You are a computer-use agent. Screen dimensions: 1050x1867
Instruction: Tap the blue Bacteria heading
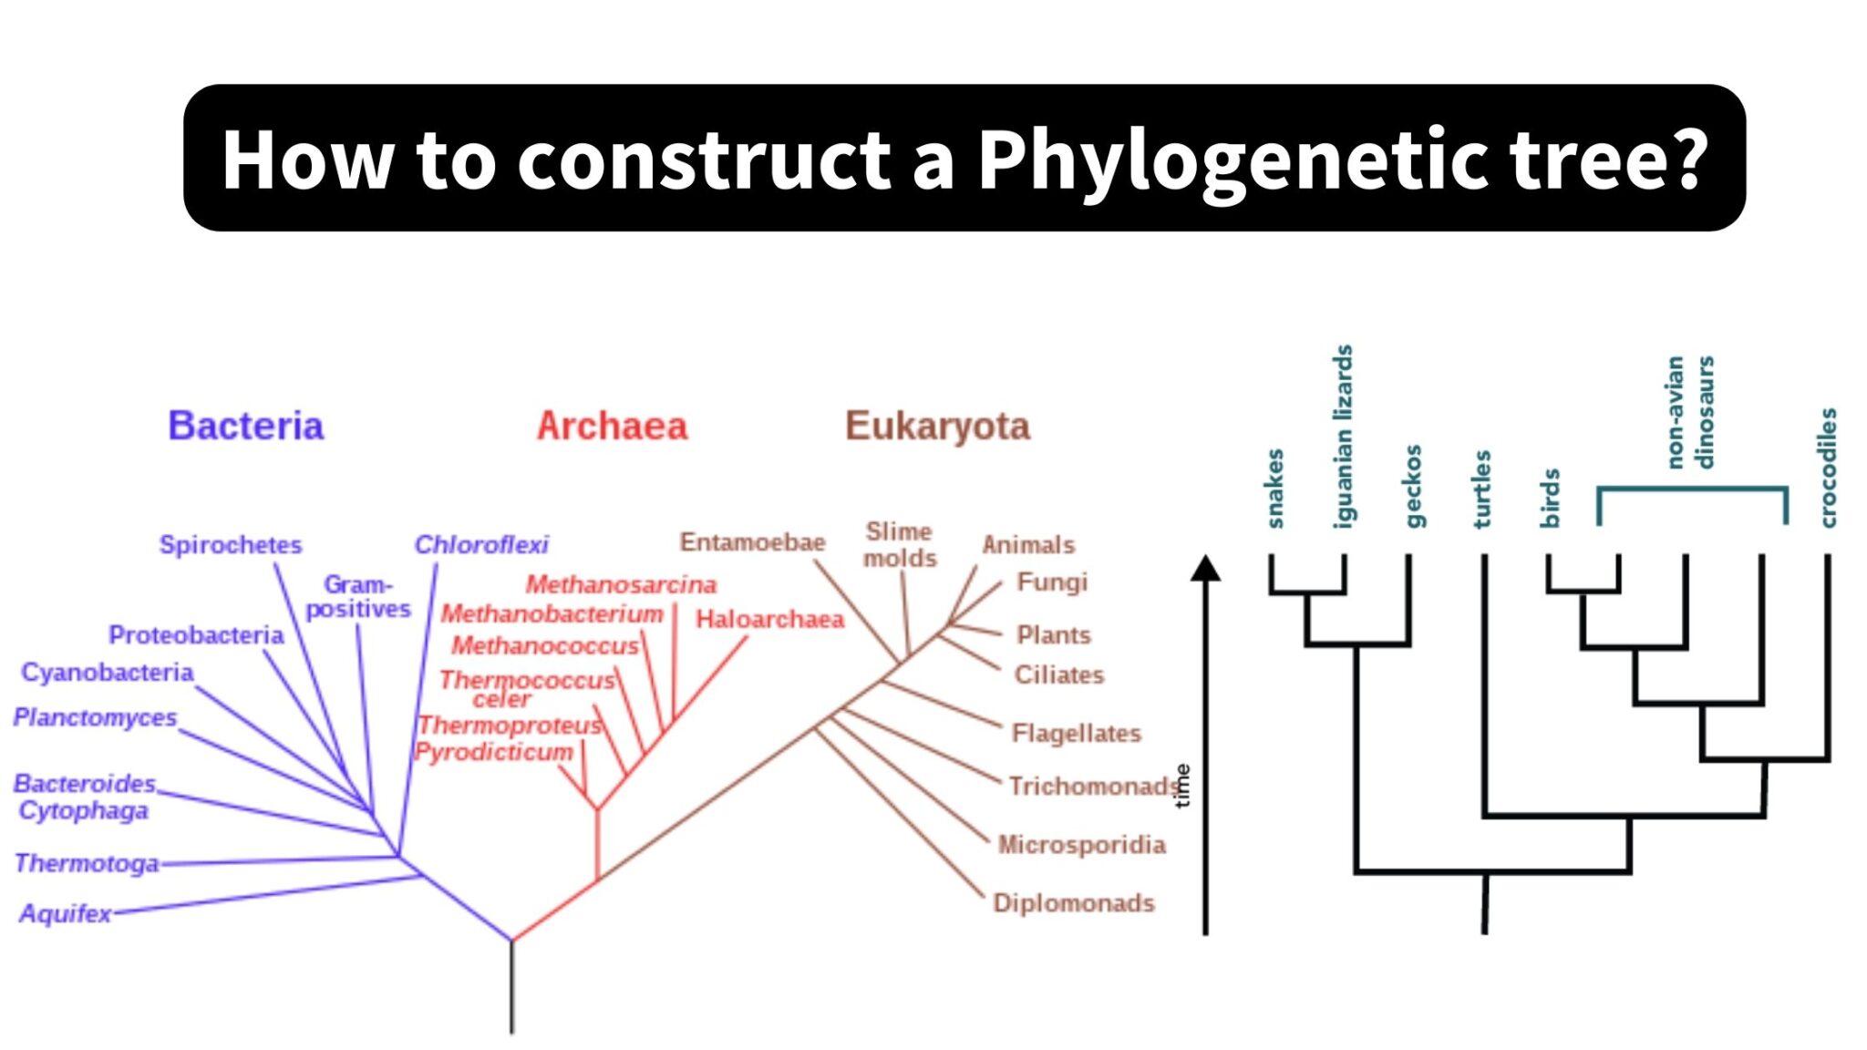245,426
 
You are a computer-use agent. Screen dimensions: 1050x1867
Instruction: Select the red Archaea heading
612,426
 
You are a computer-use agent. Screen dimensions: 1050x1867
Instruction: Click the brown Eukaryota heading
937,426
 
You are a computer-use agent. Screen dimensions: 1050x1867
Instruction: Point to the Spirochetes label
230,544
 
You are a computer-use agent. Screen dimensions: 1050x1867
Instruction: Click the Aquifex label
65,912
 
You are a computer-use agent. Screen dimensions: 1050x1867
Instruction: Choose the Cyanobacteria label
107,672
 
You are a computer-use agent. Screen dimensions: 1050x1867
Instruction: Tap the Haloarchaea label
769,619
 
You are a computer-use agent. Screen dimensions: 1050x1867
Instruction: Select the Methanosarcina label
621,583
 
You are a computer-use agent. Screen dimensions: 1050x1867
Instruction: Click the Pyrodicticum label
493,752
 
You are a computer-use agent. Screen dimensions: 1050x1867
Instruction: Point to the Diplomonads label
1073,902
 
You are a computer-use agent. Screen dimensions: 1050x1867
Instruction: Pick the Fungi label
1052,582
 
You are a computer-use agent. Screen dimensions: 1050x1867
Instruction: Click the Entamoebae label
752,541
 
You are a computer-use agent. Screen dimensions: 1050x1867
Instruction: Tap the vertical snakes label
1274,489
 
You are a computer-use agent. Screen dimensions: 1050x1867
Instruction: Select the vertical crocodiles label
1828,468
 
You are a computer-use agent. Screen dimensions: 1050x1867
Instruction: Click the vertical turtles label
1482,489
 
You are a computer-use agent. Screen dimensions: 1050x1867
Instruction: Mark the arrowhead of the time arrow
1205,569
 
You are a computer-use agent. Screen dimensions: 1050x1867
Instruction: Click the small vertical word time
1182,785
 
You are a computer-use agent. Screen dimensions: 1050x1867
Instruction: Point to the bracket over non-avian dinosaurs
1692,489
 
